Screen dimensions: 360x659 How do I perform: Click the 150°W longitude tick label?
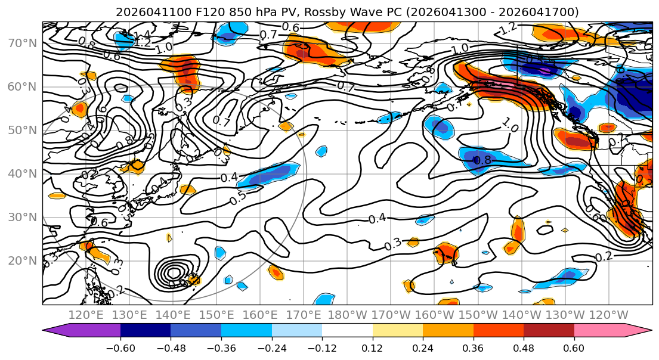(482, 315)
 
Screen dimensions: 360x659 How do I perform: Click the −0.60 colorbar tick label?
(120, 347)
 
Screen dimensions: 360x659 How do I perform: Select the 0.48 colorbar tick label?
(523, 347)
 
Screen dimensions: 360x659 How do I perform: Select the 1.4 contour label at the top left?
(141, 35)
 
